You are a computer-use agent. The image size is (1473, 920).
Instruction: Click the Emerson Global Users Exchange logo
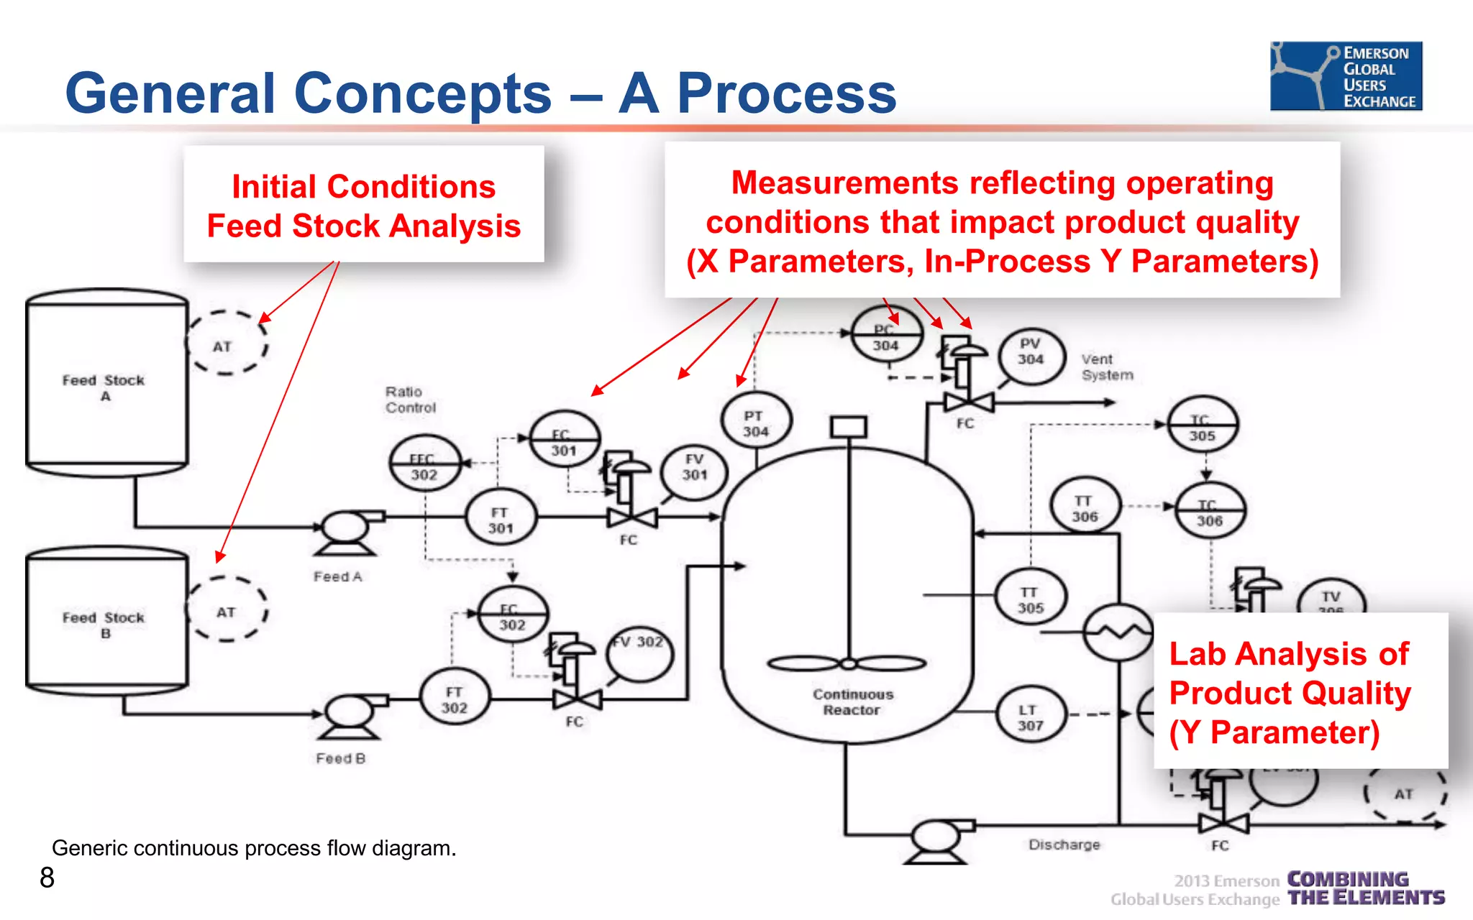[1346, 76]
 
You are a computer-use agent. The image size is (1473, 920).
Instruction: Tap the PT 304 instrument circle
[756, 423]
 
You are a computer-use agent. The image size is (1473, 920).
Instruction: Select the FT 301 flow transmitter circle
[501, 519]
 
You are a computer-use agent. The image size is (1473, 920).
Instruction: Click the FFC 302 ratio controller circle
[424, 466]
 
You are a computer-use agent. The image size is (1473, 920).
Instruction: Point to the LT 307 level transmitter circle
[1029, 717]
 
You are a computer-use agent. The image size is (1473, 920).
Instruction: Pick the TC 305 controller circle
[1202, 426]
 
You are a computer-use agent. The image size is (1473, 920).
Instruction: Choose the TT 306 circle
[1085, 507]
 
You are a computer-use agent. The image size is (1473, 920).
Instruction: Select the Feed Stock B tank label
[104, 624]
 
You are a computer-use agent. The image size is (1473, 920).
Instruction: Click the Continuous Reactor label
[852, 701]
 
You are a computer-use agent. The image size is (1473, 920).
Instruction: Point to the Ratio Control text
[410, 400]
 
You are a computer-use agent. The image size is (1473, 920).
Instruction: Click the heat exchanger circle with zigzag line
[1118, 632]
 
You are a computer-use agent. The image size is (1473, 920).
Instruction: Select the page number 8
[47, 878]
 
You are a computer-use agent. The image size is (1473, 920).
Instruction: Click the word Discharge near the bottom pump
[1064, 845]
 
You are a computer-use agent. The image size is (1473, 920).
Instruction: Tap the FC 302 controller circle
[512, 616]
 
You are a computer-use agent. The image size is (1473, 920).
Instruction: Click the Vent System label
[1106, 367]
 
